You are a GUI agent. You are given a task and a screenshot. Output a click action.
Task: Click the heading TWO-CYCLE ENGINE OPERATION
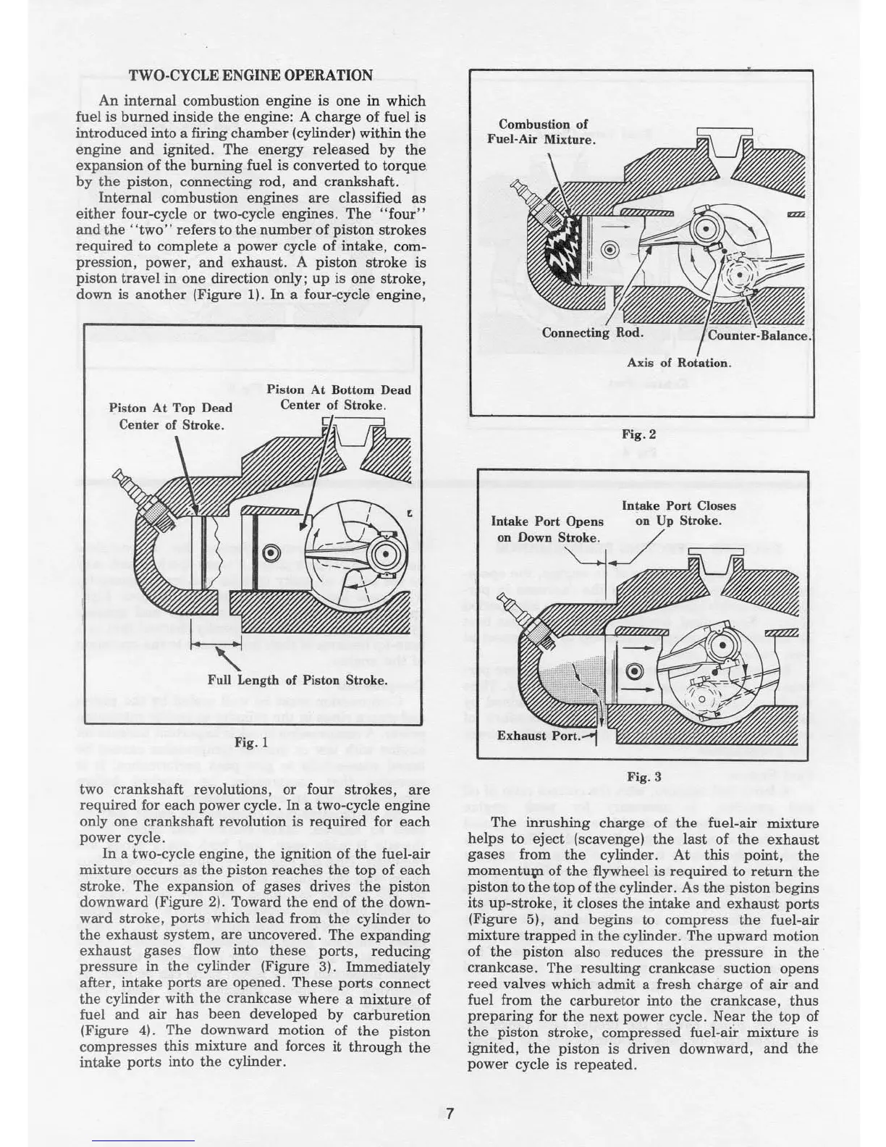point(250,75)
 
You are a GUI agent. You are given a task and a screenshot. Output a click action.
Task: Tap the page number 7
point(449,1114)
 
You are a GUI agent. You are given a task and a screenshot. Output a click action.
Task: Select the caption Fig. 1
point(251,742)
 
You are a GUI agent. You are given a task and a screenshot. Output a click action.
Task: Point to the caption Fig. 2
point(639,434)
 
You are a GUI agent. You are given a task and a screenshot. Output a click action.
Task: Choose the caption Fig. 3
point(644,777)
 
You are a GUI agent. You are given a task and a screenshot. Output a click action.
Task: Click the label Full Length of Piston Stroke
point(297,680)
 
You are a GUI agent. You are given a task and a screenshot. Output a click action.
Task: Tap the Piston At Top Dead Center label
point(170,416)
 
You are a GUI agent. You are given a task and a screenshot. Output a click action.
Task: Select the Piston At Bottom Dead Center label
point(338,398)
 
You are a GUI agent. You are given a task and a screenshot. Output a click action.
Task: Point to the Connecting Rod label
point(592,333)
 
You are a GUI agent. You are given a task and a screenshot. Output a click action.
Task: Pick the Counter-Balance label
point(758,336)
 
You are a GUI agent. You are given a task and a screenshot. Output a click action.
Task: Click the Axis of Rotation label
point(679,363)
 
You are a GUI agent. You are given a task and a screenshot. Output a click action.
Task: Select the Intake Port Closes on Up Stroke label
point(678,513)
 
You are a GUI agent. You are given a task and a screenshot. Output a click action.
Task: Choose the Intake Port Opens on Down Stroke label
point(547,529)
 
